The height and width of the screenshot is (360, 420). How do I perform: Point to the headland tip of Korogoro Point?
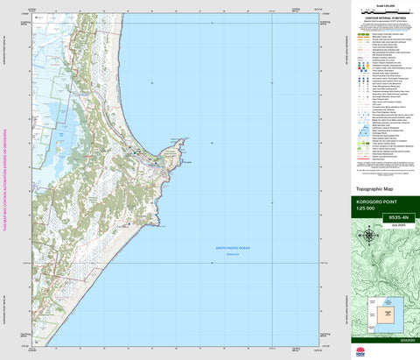pos(184,139)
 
